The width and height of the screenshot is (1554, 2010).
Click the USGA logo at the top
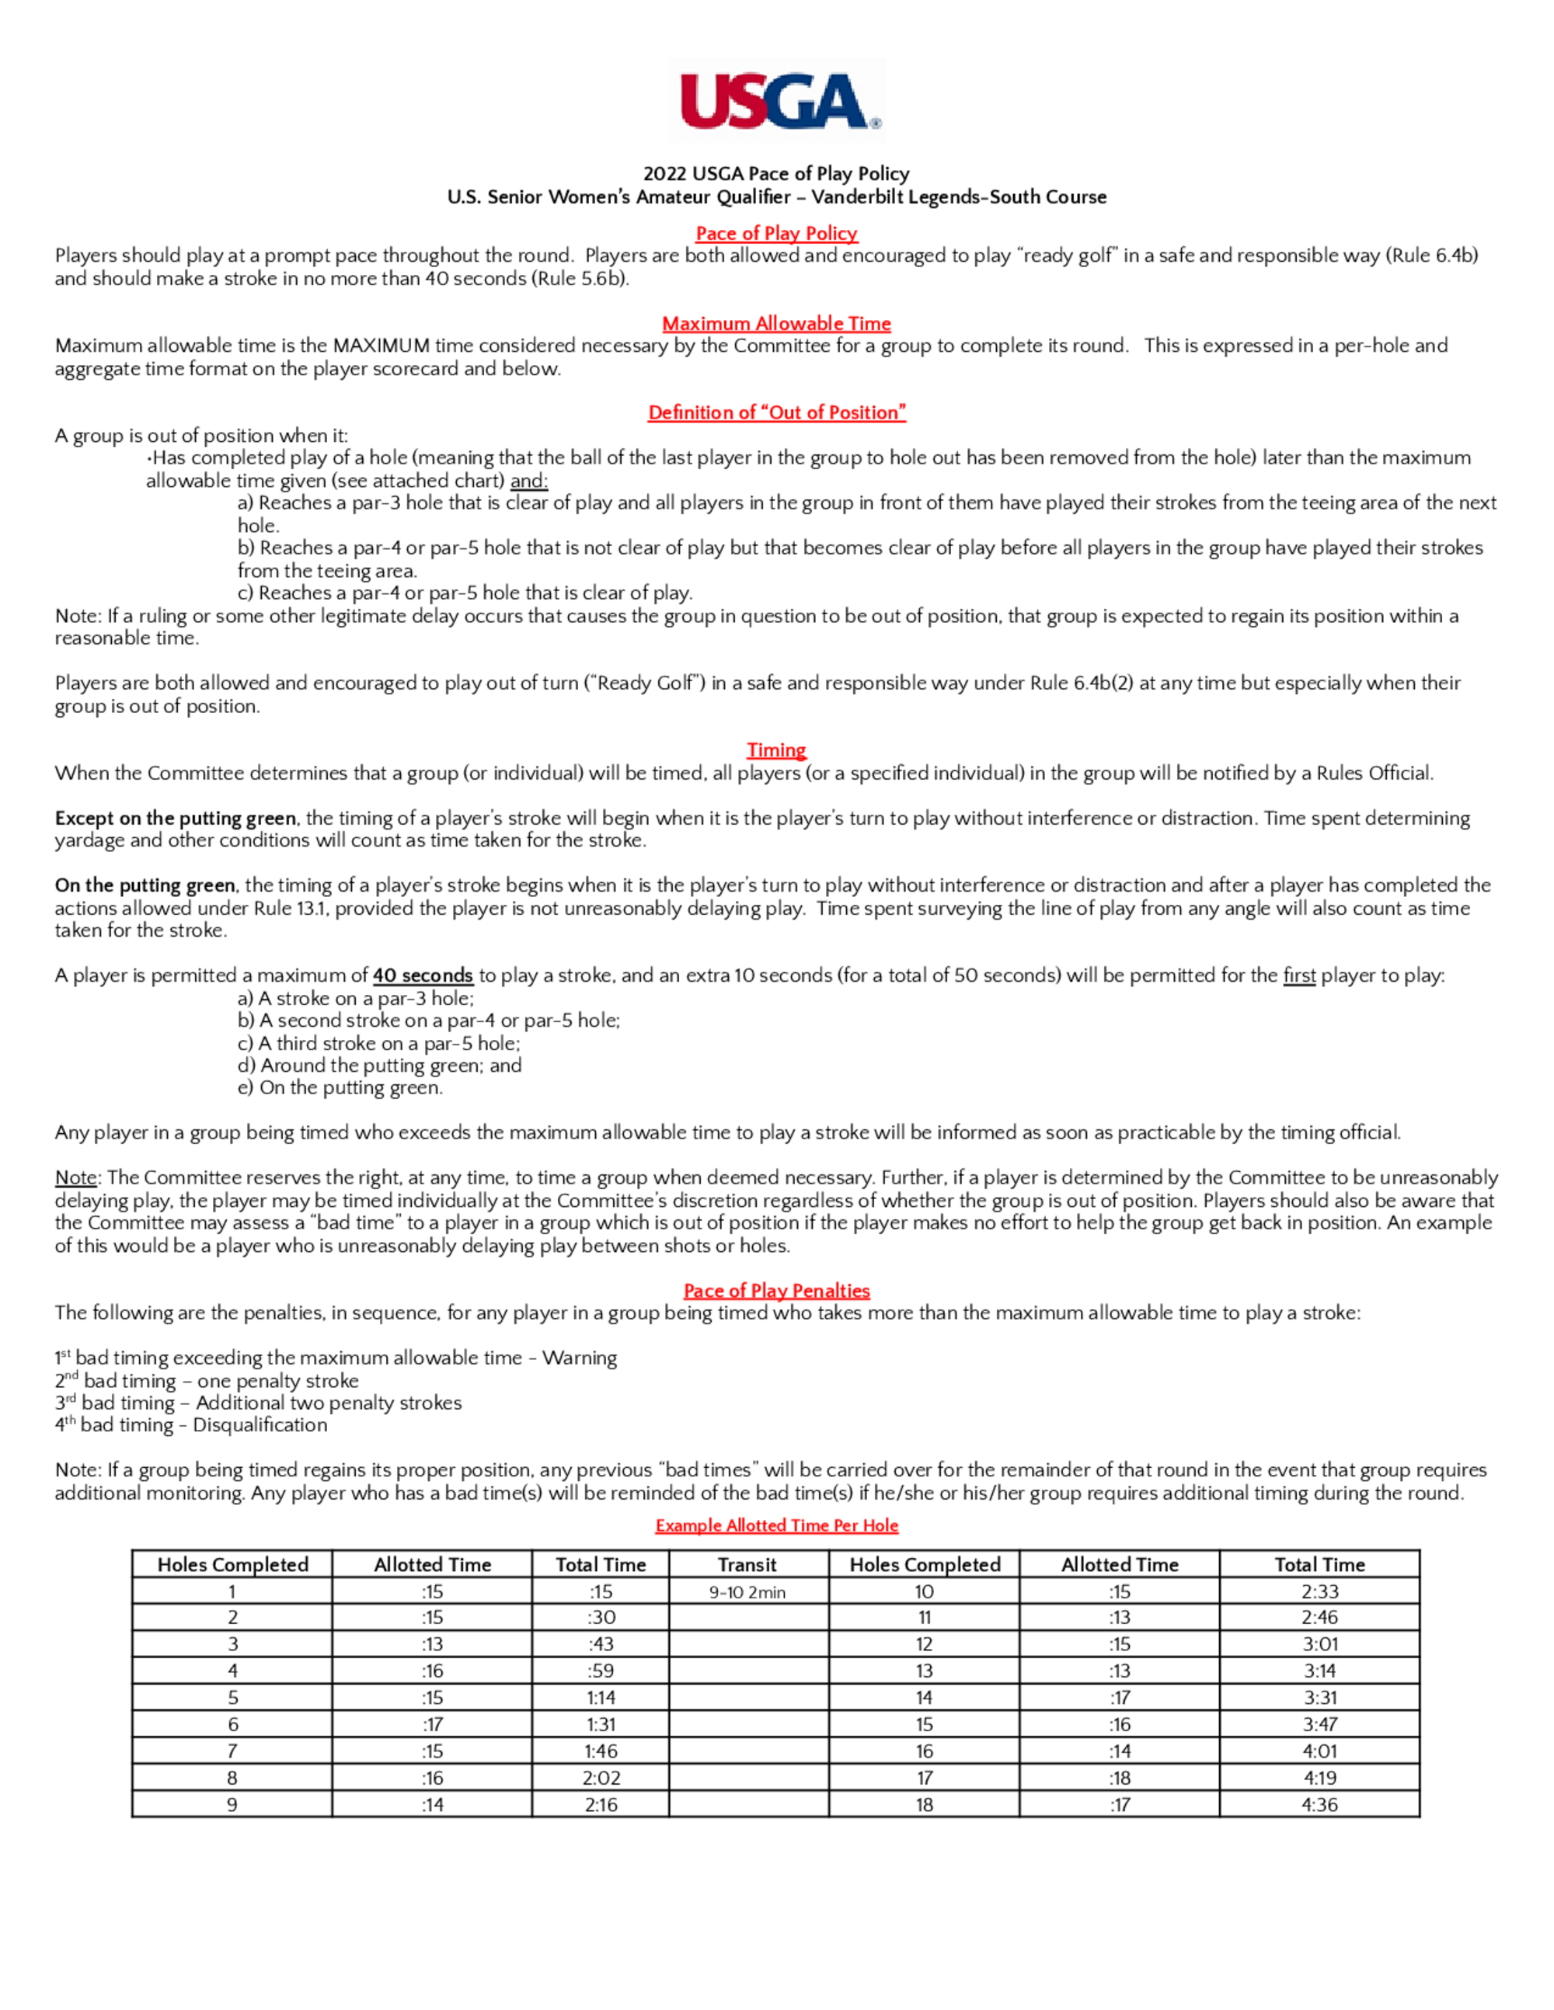click(777, 101)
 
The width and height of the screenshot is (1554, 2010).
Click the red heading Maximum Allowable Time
click(776, 323)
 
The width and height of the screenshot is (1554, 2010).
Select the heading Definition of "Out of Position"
click(776, 412)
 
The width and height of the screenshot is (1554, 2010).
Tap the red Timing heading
click(776, 750)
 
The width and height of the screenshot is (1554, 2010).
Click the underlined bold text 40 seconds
click(423, 975)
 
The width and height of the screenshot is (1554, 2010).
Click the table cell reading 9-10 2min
click(747, 1592)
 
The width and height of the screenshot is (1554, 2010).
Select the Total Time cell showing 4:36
click(1319, 1805)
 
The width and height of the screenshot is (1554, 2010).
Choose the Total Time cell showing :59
click(601, 1671)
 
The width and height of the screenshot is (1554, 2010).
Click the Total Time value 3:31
click(1319, 1698)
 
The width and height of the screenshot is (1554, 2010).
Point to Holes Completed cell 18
click(923, 1805)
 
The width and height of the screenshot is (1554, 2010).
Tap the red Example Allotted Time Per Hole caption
click(776, 1525)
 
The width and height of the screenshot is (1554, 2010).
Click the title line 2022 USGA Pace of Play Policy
click(776, 174)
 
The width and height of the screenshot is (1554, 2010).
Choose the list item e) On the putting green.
click(340, 1088)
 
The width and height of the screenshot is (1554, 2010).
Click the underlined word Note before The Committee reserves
click(75, 1178)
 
